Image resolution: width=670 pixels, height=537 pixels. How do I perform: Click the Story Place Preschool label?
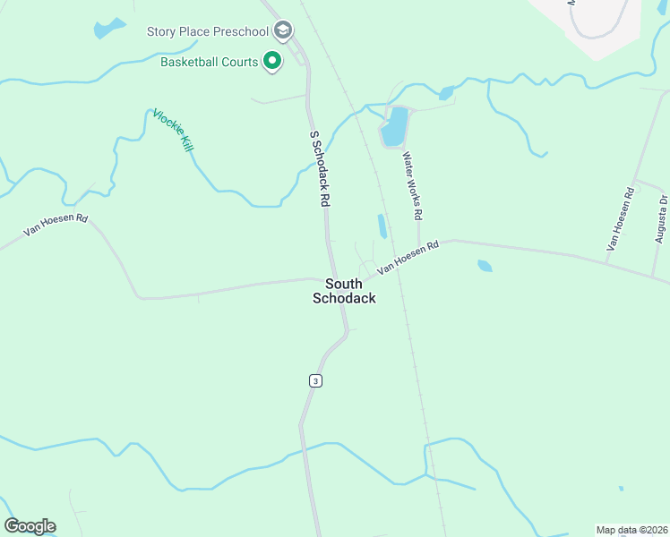pyautogui.click(x=208, y=32)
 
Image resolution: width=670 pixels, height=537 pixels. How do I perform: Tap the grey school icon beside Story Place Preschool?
pyautogui.click(x=283, y=32)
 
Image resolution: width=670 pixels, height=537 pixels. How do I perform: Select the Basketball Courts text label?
pyautogui.click(x=209, y=63)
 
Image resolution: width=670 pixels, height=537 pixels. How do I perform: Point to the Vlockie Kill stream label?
pyautogui.click(x=173, y=130)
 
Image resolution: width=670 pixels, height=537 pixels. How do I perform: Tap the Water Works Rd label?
pyautogui.click(x=412, y=186)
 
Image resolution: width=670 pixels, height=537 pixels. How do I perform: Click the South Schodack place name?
pyautogui.click(x=344, y=291)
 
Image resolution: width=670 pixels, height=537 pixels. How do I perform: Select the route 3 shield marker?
pyautogui.click(x=314, y=380)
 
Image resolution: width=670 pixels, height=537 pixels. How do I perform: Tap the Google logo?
pyautogui.click(x=30, y=526)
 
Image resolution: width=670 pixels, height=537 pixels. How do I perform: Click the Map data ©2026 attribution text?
pyautogui.click(x=631, y=530)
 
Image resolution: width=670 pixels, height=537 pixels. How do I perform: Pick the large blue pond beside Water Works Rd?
pyautogui.click(x=394, y=126)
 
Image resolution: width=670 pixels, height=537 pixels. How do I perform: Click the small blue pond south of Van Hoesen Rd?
pyautogui.click(x=485, y=266)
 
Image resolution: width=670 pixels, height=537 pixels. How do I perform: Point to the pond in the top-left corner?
pyautogui.click(x=109, y=28)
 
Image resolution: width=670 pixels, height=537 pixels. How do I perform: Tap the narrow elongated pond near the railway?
pyautogui.click(x=382, y=226)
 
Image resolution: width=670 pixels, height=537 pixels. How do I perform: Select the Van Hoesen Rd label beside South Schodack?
pyautogui.click(x=407, y=256)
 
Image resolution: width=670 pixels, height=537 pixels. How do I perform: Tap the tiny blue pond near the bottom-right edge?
pyautogui.click(x=621, y=489)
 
